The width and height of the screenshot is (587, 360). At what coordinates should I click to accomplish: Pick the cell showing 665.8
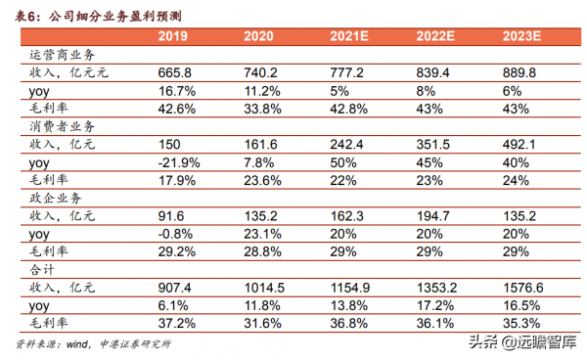coord(176,73)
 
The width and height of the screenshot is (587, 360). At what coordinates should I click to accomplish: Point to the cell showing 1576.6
coord(521,285)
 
